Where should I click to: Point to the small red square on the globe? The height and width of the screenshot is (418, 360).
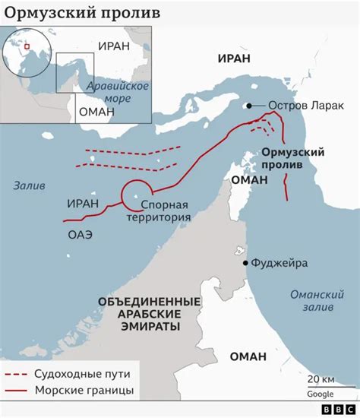[25, 46]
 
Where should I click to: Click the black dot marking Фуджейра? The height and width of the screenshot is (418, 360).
[245, 263]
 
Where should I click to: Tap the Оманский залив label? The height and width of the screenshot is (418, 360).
[311, 301]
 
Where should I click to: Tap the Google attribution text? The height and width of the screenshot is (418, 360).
[322, 394]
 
